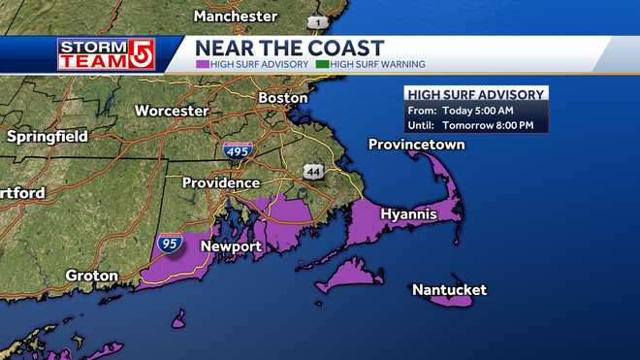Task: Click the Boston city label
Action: pos(283,98)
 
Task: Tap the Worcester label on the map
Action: pos(172,111)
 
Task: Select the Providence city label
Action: pos(221,182)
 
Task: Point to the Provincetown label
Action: pos(417,145)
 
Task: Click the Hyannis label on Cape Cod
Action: pos(408,213)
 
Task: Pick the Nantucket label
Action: pos(449,290)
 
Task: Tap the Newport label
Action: pos(231,246)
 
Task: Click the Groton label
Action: pos(91,276)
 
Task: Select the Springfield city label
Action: pos(49,137)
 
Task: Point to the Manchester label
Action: pos(236,16)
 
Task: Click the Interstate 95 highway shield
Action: pos(170,243)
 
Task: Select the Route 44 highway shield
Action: pos(312,171)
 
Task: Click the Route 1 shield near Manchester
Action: pos(316,21)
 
